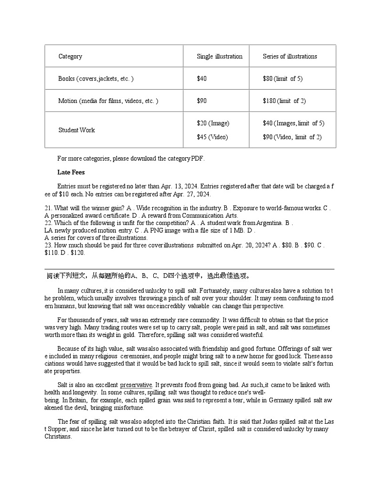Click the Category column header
click(x=70, y=56)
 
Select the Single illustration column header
click(x=220, y=56)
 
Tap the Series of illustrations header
click(x=290, y=56)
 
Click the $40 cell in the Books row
click(x=202, y=79)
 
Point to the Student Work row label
click(x=76, y=130)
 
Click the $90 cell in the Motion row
click(x=202, y=101)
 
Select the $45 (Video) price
click(x=212, y=137)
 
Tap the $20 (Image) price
click(x=213, y=123)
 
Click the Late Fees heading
click(x=71, y=172)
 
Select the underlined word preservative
click(x=136, y=385)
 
